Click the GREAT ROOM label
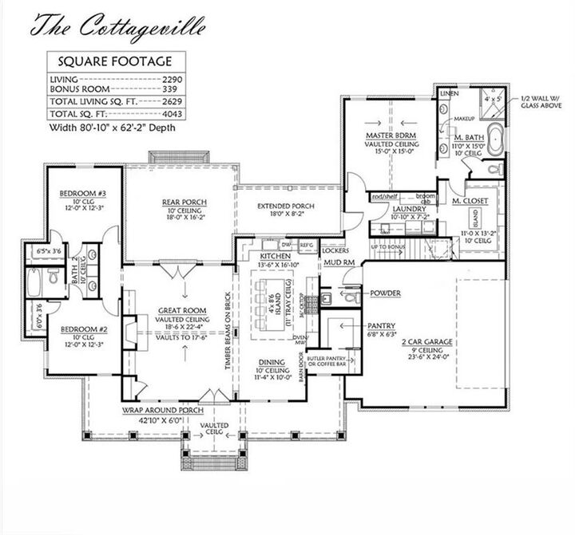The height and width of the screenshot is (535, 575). pyautogui.click(x=183, y=309)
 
